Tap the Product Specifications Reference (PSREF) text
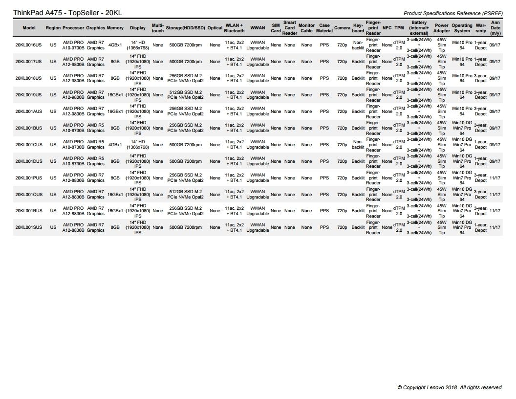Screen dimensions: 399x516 pyautogui.click(x=453, y=13)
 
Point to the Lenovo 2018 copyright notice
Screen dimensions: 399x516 pyautogui.click(x=450, y=387)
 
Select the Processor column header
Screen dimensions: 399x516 pyautogui.click(x=73, y=28)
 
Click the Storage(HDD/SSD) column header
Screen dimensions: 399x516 pyautogui.click(x=185, y=28)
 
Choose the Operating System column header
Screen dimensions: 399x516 pyautogui.click(x=462, y=28)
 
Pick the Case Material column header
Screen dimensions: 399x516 pyautogui.click(x=324, y=28)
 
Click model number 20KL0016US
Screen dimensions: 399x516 pyautogui.click(x=28, y=45)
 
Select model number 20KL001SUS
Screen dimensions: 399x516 pyautogui.click(x=28, y=227)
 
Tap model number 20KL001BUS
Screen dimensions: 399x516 pyautogui.click(x=28, y=128)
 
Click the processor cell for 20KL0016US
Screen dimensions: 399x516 pyautogui.click(x=73, y=45)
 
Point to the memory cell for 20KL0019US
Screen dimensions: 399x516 pyautogui.click(x=115, y=95)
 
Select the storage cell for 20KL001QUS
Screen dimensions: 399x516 pyautogui.click(x=185, y=194)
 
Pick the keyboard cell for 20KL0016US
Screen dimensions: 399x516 pyautogui.click(x=358, y=45)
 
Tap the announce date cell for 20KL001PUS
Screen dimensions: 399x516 pyautogui.click(x=494, y=178)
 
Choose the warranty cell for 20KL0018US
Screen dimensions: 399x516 pyautogui.click(x=480, y=78)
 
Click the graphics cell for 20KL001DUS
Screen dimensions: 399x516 pyautogui.click(x=96, y=161)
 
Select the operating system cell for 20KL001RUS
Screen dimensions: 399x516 pyautogui.click(x=462, y=211)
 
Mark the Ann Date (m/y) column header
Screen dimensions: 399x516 pyautogui.click(x=495, y=28)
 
